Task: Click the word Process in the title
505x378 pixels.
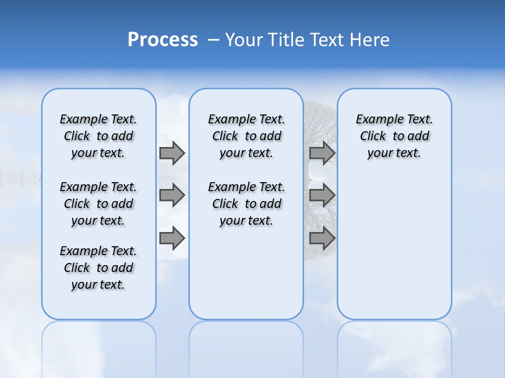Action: pyautogui.click(x=163, y=39)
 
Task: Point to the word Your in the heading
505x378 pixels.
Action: pyautogui.click(x=245, y=39)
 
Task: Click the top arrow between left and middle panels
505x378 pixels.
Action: pyautogui.click(x=172, y=153)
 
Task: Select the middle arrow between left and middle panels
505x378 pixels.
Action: pyautogui.click(x=172, y=195)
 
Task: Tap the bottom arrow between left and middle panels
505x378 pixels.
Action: pyautogui.click(x=172, y=238)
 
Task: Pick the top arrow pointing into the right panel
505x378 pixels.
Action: pyautogui.click(x=322, y=153)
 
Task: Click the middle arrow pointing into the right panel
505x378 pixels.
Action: pyautogui.click(x=322, y=195)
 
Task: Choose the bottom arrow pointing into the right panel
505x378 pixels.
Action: pyautogui.click(x=322, y=238)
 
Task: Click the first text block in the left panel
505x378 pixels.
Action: pyautogui.click(x=98, y=136)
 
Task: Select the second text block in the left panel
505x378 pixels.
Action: pyautogui.click(x=98, y=204)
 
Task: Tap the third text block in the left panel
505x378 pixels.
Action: pyautogui.click(x=98, y=268)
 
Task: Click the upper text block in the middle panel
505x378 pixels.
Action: pyautogui.click(x=246, y=136)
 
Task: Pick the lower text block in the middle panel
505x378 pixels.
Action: pyautogui.click(x=246, y=204)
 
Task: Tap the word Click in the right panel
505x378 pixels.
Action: pyautogui.click(x=373, y=136)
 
